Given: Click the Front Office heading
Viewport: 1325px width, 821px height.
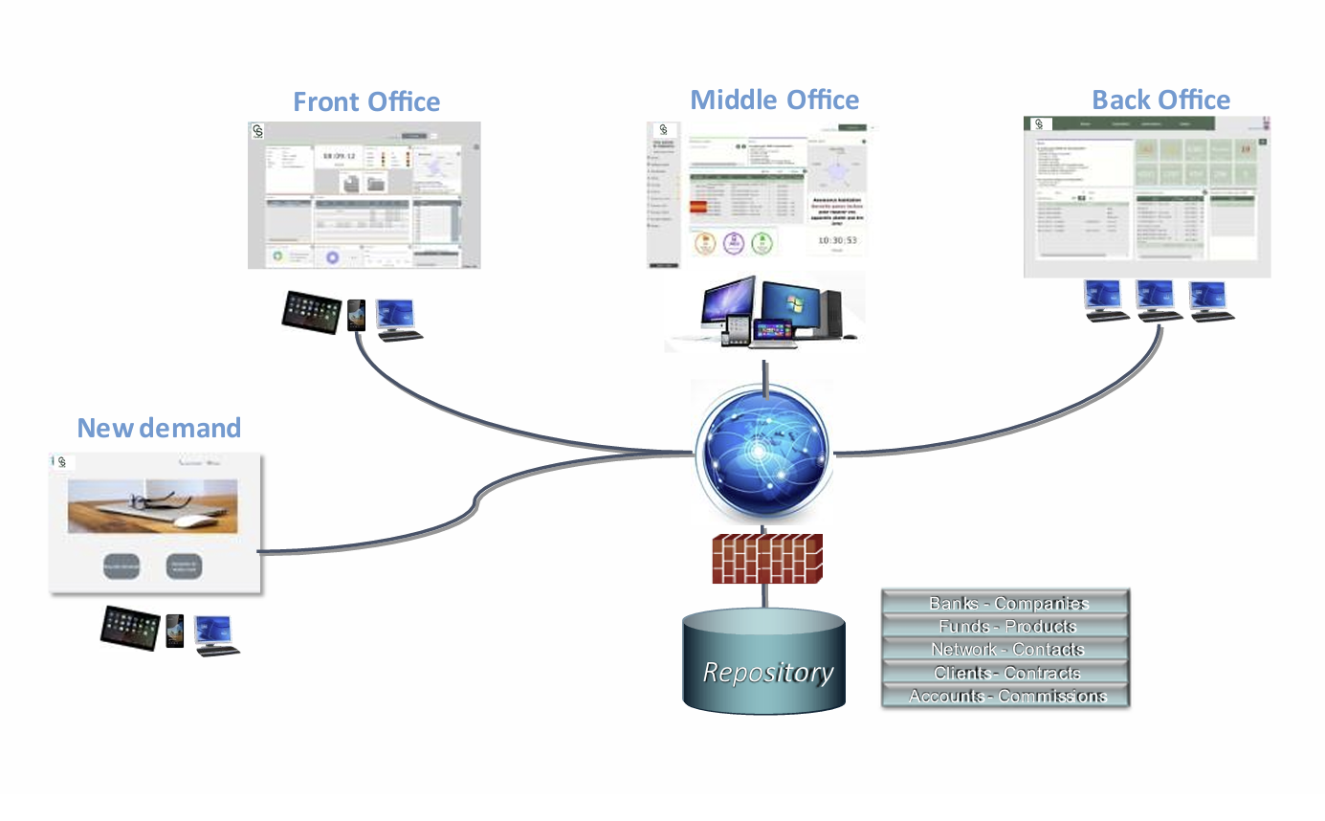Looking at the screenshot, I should point(366,101).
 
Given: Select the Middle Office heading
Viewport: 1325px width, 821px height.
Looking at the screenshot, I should point(774,100).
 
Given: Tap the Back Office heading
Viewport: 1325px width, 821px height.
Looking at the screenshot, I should point(1160,100).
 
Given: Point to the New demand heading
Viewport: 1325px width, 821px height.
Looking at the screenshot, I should point(159,428).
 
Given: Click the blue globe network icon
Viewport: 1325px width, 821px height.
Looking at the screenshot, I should point(763,453).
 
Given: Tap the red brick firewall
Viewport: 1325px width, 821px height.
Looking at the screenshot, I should point(767,558).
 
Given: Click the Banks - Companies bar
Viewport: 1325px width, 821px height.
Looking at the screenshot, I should point(1005,603).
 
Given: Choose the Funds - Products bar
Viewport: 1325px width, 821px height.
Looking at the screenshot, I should point(1005,626).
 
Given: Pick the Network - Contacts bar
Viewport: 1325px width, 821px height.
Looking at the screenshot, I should point(1005,649).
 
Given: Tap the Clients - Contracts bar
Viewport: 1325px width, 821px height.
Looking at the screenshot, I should point(1005,673).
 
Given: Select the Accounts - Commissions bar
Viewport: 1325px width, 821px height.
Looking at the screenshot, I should point(1005,696).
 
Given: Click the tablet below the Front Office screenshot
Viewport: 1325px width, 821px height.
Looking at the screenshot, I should point(312,312).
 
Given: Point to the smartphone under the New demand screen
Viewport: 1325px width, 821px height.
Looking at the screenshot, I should point(175,631).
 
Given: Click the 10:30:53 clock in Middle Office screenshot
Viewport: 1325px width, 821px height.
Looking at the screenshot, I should point(831,240).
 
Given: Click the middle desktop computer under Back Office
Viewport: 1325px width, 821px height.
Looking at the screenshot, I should point(1156,300).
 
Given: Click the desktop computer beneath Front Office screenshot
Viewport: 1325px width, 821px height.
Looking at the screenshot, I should point(397,319).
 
